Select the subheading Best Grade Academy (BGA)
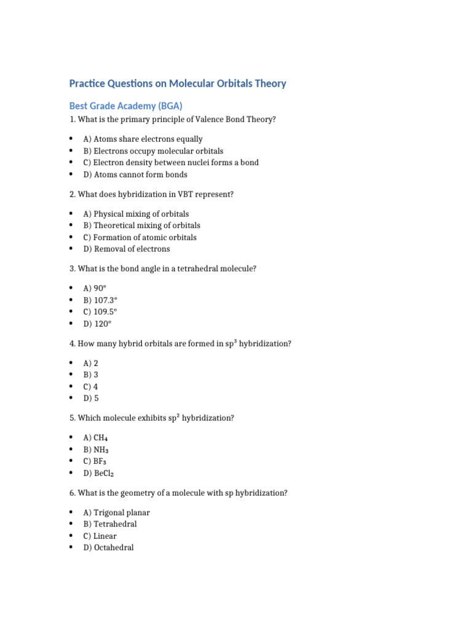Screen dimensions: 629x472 [126, 106]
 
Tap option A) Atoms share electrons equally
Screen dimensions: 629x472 [143, 139]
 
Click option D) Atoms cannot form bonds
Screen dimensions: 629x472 [135, 174]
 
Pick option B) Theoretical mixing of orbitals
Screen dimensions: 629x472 [141, 225]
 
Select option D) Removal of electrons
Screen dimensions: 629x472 [127, 249]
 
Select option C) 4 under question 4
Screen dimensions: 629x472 [90, 386]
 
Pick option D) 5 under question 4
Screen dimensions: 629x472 [91, 398]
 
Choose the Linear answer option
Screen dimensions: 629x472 [100, 536]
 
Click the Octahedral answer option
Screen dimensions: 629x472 [108, 548]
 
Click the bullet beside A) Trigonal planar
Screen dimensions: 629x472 [71, 512]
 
